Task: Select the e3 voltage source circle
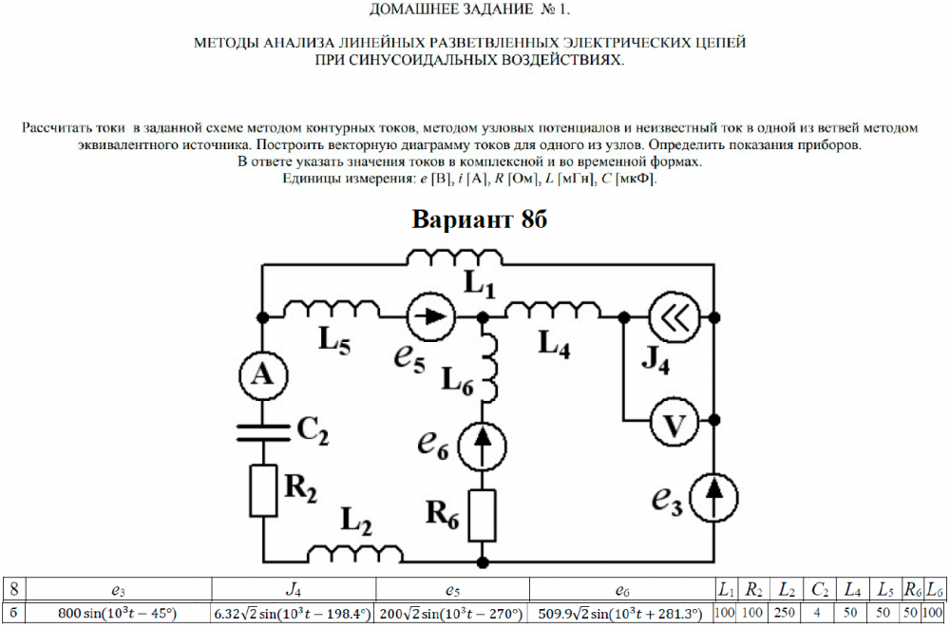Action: [x=714, y=497]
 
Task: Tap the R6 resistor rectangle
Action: [x=484, y=513]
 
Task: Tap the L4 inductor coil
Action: [x=555, y=309]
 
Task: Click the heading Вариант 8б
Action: [x=480, y=220]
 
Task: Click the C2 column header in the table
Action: [x=817, y=589]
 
